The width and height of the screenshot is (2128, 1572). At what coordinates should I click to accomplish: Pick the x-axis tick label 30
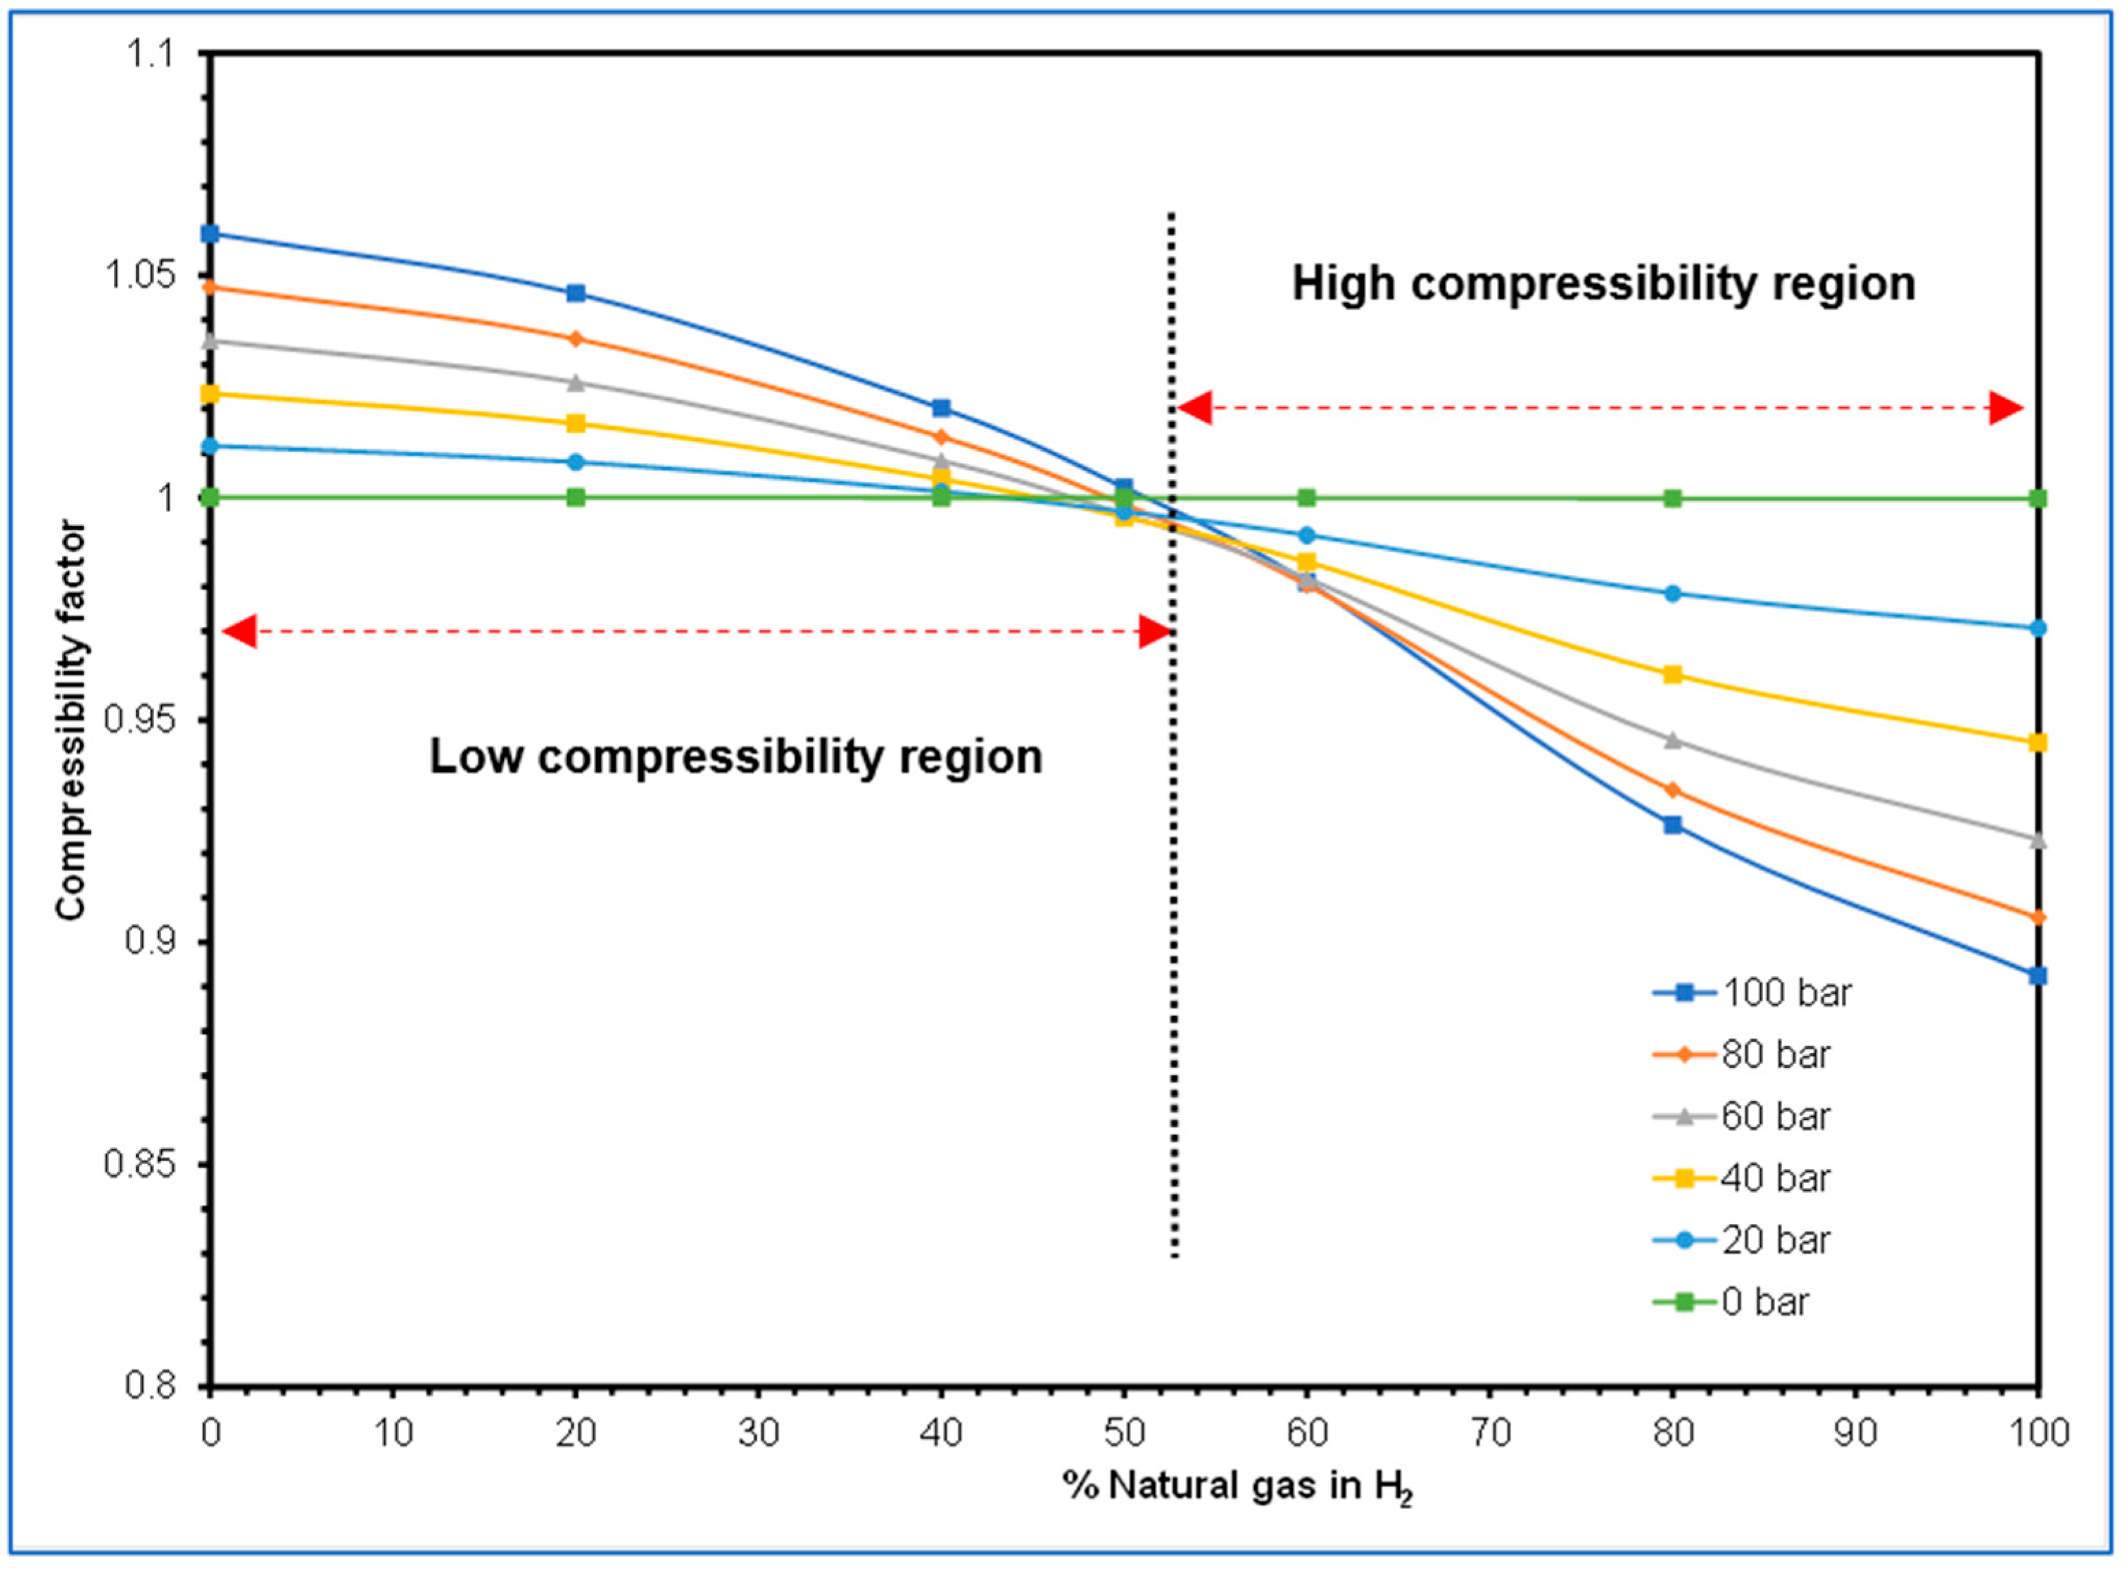758,1432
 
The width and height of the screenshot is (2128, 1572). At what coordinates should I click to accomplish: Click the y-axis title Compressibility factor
71,720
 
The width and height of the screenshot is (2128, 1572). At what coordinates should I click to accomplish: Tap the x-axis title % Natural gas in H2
1237,1487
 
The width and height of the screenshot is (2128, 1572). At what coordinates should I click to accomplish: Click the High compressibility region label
1603,284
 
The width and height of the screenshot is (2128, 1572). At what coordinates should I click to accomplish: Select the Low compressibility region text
736,756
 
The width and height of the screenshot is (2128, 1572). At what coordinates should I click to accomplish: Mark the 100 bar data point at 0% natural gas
211,234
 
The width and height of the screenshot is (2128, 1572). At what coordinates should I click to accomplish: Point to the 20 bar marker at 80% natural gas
1672,594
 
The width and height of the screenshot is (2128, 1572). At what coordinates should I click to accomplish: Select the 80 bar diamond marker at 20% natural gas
576,338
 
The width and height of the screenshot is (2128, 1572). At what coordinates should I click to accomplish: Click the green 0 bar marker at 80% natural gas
1672,498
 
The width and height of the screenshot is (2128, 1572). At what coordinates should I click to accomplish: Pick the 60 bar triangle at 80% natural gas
1672,739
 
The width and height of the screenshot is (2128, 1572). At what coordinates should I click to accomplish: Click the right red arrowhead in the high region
2006,409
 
